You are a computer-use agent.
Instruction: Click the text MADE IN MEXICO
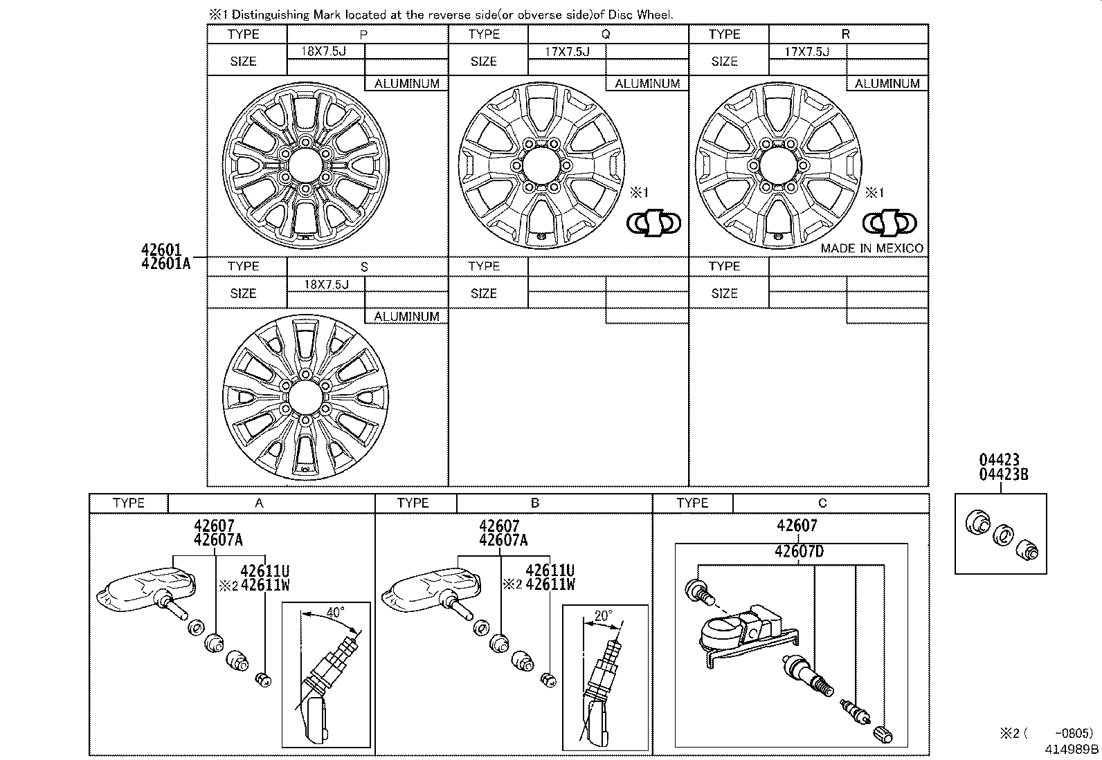pyautogui.click(x=871, y=248)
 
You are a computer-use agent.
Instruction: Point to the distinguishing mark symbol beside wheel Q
pyautogui.click(x=653, y=223)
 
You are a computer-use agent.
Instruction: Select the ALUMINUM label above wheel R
pyautogui.click(x=887, y=84)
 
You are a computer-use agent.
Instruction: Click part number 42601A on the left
pyautogui.click(x=165, y=263)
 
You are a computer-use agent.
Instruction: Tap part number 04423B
pyautogui.click(x=1003, y=474)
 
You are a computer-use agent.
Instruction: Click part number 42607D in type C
pyautogui.click(x=799, y=551)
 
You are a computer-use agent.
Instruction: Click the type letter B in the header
pyautogui.click(x=534, y=503)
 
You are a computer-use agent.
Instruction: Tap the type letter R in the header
pyautogui.click(x=845, y=34)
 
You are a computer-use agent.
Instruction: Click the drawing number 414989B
pyautogui.click(x=1072, y=748)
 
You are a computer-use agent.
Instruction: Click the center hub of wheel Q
pyautogui.click(x=541, y=167)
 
